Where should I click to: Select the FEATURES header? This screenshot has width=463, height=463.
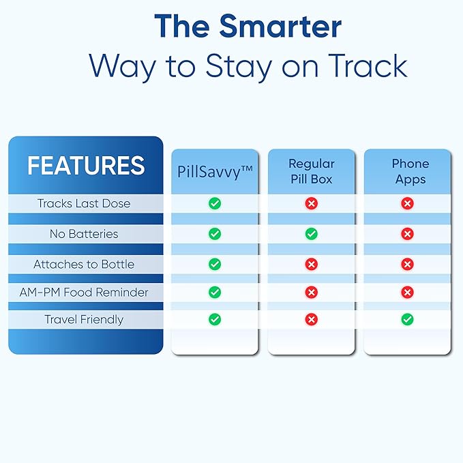tap(86, 165)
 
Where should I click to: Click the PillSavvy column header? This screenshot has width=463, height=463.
tap(215, 173)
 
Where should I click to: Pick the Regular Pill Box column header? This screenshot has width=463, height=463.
tap(311, 172)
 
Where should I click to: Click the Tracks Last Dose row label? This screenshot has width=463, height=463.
tap(84, 203)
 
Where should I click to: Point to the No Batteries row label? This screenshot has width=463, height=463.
tap(84, 234)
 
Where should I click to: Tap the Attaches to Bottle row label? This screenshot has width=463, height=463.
tap(84, 264)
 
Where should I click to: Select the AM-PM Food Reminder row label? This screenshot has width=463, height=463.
tap(84, 292)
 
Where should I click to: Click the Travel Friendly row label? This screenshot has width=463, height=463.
tap(84, 319)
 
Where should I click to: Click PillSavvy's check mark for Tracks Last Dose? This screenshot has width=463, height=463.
tap(215, 203)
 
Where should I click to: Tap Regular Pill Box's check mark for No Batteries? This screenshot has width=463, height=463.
tap(311, 234)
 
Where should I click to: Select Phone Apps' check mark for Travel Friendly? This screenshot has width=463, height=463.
tap(407, 319)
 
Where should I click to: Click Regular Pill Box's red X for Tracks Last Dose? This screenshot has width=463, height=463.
tap(311, 203)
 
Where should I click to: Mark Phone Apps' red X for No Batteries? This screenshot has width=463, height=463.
tap(407, 234)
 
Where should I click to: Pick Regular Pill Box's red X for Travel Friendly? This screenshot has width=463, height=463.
tap(311, 319)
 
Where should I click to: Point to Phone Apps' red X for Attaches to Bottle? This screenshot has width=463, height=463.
tap(407, 264)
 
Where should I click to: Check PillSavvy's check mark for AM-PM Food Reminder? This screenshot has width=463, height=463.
tap(215, 292)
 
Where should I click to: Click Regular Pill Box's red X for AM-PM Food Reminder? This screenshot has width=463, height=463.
tap(311, 292)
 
